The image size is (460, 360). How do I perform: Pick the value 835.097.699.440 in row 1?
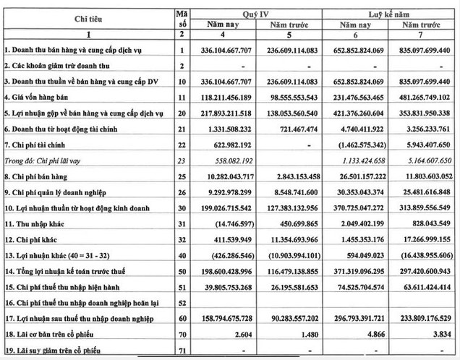(x=424, y=50)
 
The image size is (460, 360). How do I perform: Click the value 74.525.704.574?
(x=359, y=286)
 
